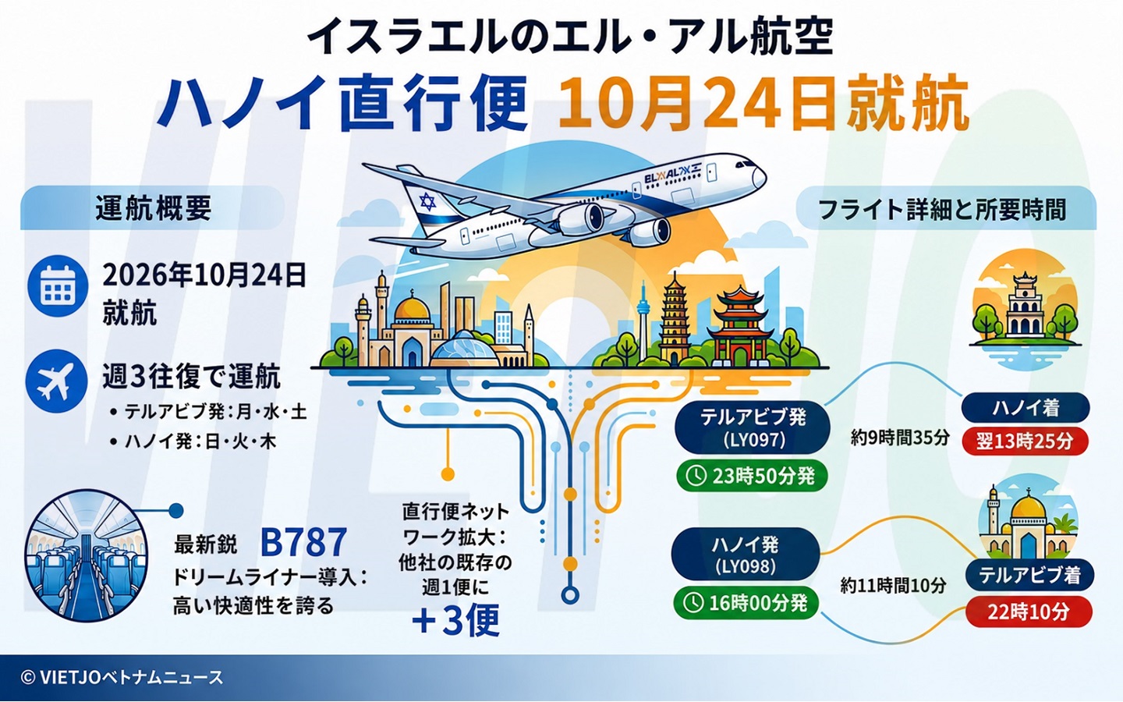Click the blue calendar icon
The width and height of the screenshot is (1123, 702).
point(58,285)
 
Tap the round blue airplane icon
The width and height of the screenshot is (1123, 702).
point(57,381)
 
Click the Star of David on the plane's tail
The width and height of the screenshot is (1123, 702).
point(427,201)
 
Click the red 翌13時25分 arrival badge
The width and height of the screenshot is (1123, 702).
point(1025,441)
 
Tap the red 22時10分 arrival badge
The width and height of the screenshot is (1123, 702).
point(1028,612)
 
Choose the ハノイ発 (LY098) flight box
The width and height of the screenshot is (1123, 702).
point(746,554)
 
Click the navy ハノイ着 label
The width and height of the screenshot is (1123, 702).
point(1026,408)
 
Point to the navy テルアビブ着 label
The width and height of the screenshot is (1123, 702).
point(1029,575)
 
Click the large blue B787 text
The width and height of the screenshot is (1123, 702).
point(304,542)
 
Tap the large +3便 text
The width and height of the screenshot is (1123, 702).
point(455,620)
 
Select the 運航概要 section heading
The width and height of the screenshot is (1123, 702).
point(154,208)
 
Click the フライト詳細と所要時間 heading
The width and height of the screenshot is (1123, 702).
point(942,210)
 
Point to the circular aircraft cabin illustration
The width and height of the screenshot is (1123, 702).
point(87,555)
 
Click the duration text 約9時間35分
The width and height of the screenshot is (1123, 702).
point(900,438)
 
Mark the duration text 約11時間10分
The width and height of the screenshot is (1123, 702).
point(893,585)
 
